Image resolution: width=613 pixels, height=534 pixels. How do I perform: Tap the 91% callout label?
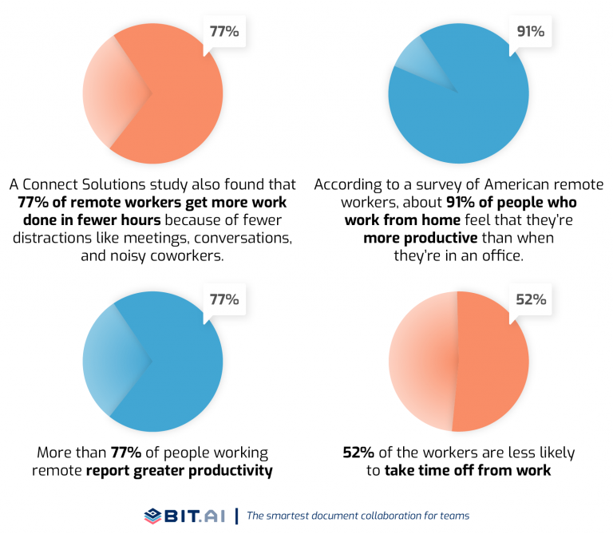coord(530,33)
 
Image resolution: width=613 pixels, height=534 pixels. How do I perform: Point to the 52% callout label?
coord(530,300)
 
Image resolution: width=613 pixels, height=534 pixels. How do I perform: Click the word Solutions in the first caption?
coord(129,184)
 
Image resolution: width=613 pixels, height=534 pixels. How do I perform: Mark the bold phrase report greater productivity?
coord(180,471)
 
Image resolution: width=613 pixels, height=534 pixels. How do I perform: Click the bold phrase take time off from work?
coord(468,471)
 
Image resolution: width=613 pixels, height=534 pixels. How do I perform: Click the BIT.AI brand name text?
coord(196,515)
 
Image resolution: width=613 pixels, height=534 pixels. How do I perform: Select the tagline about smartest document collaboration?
coord(358,516)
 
